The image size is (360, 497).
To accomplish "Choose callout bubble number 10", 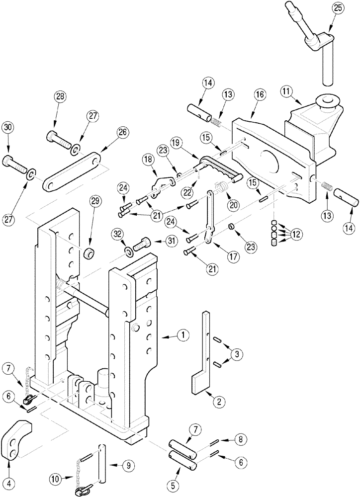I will tap(56, 479).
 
